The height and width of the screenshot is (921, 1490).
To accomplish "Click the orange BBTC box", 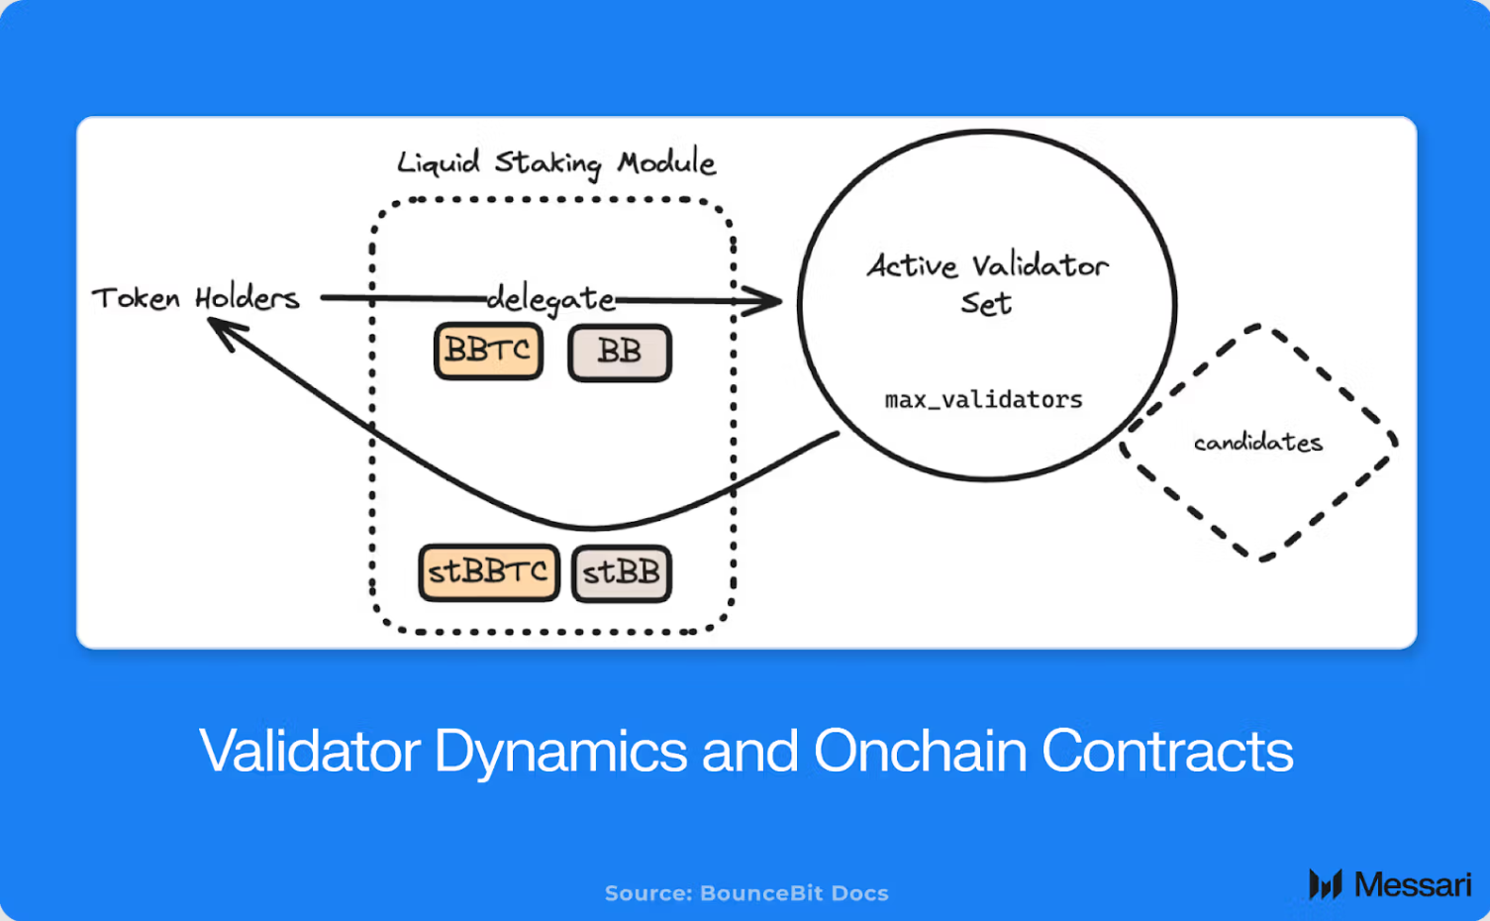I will [x=488, y=351].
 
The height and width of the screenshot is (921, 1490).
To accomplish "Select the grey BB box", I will [x=620, y=353].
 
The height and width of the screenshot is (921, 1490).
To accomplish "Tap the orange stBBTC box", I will [x=488, y=572].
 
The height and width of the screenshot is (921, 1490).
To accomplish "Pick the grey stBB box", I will [x=622, y=573].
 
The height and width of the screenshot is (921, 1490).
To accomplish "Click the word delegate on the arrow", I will [x=551, y=298].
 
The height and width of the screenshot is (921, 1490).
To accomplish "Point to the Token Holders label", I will [x=195, y=298].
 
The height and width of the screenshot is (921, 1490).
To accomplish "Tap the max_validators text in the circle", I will [x=983, y=399].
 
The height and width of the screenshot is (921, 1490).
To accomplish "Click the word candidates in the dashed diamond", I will [x=1257, y=443].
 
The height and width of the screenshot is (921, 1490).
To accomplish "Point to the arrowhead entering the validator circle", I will [x=765, y=301].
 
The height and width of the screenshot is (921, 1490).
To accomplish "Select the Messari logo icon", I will [x=1325, y=883].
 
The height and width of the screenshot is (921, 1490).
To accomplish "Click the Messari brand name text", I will [x=1413, y=884].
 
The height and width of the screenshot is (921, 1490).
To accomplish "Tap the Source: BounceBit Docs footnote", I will [x=746, y=893].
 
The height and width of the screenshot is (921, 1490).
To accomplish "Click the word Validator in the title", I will [x=310, y=751].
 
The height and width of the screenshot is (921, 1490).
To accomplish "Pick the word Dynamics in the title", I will [x=560, y=751].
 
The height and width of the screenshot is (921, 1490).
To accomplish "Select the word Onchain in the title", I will [x=920, y=751].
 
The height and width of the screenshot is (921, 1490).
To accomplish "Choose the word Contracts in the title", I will [x=1167, y=751].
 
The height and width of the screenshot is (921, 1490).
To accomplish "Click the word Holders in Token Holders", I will [x=247, y=298].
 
